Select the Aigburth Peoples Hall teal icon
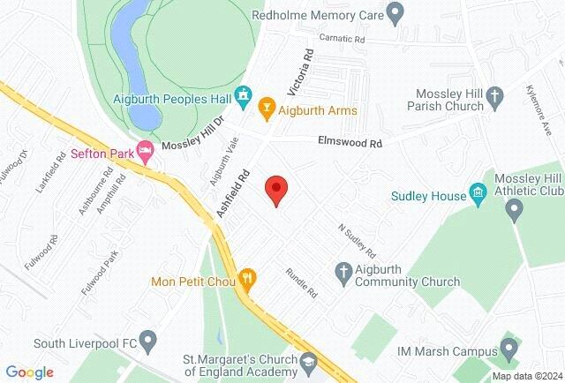click(x=245, y=94)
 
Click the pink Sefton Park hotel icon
click(x=145, y=151)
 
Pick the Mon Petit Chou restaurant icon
click(x=248, y=282)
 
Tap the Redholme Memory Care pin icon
click(x=395, y=14)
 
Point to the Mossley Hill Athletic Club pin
click(x=515, y=209)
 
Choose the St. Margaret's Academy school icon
click(x=308, y=361)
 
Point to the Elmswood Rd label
click(x=350, y=142)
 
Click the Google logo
click(x=30, y=372)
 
